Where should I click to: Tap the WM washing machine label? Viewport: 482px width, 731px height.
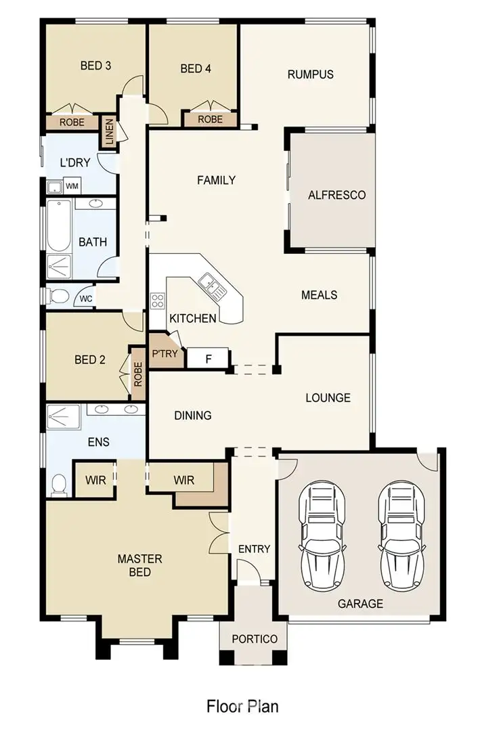[72, 185]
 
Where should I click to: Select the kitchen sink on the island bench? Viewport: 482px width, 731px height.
[213, 286]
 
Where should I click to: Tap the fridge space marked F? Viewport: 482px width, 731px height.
[209, 358]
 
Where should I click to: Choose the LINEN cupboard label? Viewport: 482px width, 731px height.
[108, 132]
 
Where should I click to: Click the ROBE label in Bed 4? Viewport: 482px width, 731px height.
[210, 119]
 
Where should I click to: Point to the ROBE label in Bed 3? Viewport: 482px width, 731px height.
[72, 123]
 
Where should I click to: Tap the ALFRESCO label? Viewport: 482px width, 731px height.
[336, 195]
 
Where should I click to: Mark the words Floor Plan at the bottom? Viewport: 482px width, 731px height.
[242, 706]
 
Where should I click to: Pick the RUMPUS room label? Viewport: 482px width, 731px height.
[310, 74]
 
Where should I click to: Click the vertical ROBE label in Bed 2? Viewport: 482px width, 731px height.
[138, 374]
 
